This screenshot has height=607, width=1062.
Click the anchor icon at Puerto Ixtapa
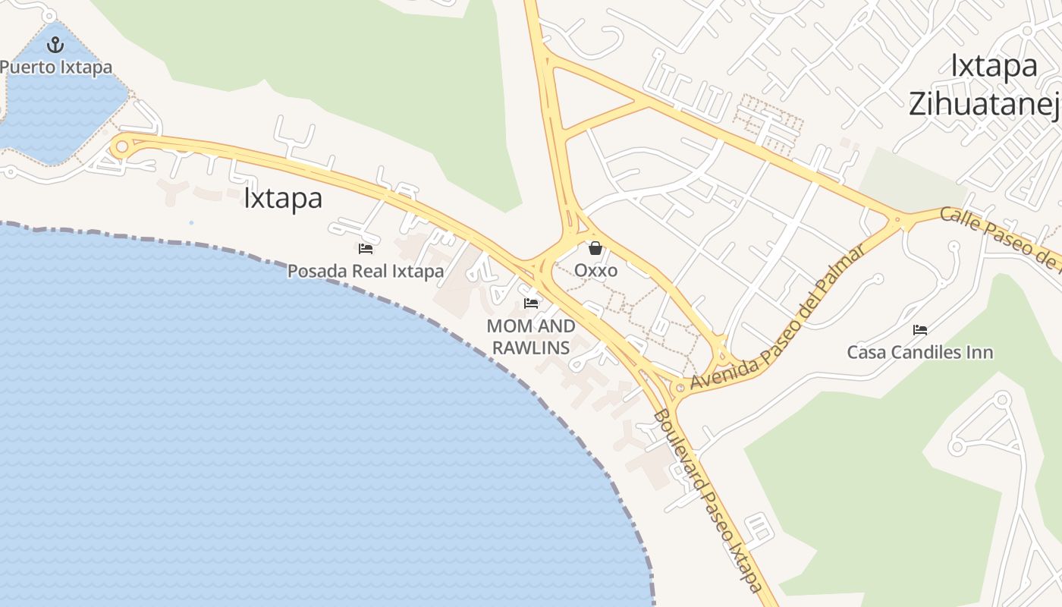coord(55,45)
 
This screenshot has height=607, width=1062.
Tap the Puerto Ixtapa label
coord(56,67)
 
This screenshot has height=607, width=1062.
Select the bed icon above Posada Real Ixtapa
coord(366,248)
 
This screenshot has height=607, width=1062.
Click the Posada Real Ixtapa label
coord(366,271)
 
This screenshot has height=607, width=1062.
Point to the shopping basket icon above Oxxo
coord(595,248)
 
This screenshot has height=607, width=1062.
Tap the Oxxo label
coord(595,270)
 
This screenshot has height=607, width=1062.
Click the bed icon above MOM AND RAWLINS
coord(531,303)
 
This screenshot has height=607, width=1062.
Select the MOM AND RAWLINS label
coord(531,337)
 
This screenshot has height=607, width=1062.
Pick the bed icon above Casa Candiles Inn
coord(920,330)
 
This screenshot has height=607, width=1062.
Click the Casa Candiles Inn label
coord(920,352)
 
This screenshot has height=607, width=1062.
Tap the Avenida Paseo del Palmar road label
coord(778,318)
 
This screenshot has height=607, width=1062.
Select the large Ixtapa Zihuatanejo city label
coord(986,85)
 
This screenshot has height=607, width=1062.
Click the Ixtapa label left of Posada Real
coord(283,198)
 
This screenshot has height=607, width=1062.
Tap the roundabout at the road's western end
coord(121,146)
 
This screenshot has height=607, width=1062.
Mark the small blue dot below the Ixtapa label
coord(191,222)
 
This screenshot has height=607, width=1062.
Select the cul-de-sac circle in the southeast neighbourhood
coord(1003,399)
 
